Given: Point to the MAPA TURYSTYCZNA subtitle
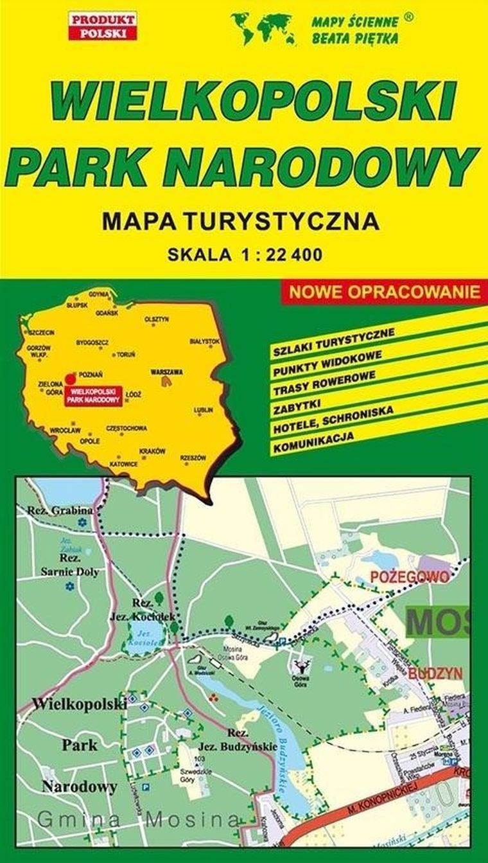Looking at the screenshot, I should pyautogui.click(x=240, y=222).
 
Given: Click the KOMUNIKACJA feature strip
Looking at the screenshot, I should pyautogui.click(x=314, y=444).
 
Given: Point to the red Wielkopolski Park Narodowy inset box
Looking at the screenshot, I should pyautogui.click(x=94, y=395).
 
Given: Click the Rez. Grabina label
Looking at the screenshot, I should pyautogui.click(x=61, y=511).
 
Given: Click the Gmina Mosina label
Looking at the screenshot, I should pyautogui.click(x=138, y=820).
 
